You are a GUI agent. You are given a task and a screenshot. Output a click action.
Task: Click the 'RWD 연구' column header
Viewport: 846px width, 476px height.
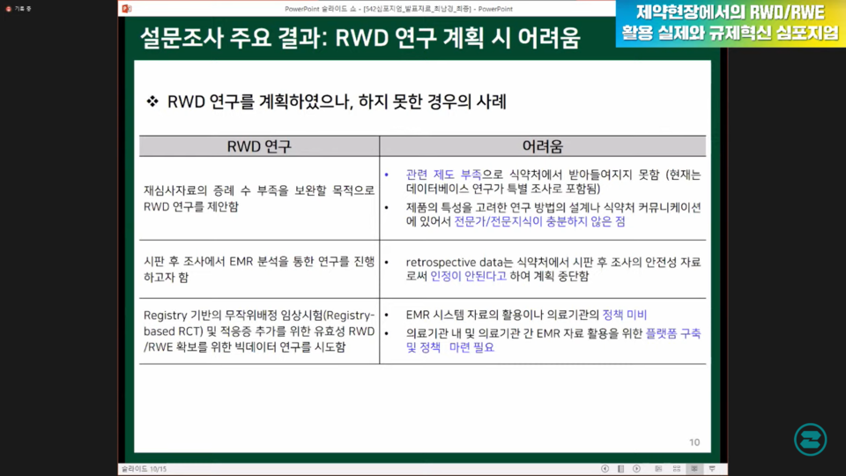click(259, 145)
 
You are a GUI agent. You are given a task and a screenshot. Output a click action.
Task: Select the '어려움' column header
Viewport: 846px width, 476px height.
click(542, 145)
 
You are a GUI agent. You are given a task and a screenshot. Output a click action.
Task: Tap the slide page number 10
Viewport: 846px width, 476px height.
click(694, 442)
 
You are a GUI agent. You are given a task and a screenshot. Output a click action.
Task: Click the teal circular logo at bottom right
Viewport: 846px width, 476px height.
click(811, 440)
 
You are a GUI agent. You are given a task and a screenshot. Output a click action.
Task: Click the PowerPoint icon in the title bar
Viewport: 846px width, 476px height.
click(126, 8)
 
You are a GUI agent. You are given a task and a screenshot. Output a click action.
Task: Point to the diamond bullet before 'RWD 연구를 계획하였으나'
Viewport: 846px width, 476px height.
click(152, 101)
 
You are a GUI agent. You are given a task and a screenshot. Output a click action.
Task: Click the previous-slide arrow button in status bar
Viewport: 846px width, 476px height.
click(605, 468)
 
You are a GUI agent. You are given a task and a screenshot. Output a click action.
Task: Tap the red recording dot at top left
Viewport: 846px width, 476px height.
click(6, 8)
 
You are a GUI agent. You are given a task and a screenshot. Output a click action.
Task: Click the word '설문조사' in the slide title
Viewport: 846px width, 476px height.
click(180, 39)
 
